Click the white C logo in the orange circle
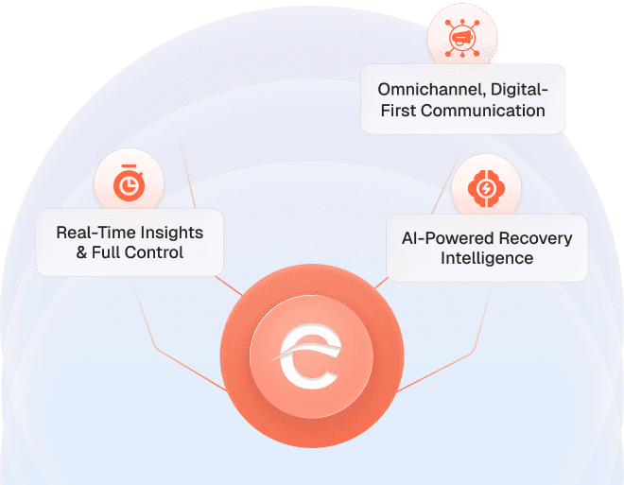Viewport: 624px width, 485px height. click(307, 360)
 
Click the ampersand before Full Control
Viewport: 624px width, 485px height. click(82, 252)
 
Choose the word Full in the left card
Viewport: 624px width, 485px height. click(108, 252)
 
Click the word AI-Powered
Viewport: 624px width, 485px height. click(442, 237)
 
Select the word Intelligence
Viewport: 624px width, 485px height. click(487, 258)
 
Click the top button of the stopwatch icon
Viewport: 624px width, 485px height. click(130, 168)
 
